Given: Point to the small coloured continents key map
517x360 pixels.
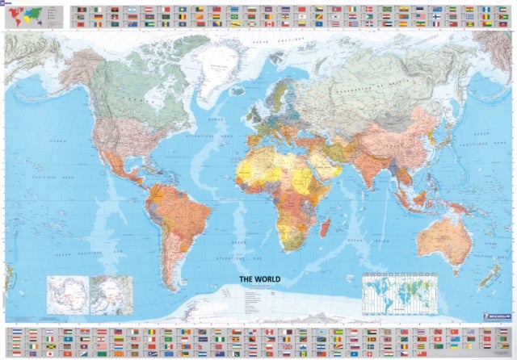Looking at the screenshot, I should click(x=24, y=15).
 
